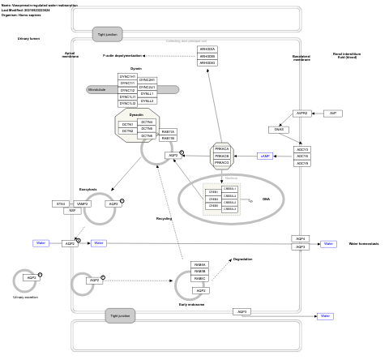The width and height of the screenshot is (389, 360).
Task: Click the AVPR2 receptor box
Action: tap(302, 114)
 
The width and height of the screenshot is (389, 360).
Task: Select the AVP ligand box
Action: tap(332, 114)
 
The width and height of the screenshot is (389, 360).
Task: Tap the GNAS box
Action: tap(279, 130)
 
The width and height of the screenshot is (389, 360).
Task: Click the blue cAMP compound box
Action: tap(265, 156)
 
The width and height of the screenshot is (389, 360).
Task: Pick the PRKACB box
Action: tap(222, 156)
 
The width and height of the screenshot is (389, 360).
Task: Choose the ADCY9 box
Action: tap(302, 164)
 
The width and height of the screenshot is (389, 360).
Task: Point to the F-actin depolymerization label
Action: tap(122, 56)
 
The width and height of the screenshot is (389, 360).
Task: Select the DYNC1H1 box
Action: tap(127, 77)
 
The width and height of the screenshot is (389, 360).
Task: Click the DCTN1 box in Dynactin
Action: tap(127, 124)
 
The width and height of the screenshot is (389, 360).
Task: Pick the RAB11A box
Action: tap(168, 131)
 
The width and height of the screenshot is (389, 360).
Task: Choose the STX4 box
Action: tap(61, 204)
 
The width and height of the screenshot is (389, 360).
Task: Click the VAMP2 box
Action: tap(83, 204)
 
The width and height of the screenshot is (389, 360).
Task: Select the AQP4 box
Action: tap(301, 238)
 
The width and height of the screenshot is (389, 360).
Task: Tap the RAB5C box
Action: tap(200, 278)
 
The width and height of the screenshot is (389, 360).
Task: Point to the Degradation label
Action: tap(242, 259)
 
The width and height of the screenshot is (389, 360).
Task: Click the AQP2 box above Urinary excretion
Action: tap(31, 277)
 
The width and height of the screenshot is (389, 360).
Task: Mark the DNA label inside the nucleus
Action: tap(266, 199)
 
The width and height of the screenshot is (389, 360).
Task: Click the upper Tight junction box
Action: tap(108, 35)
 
